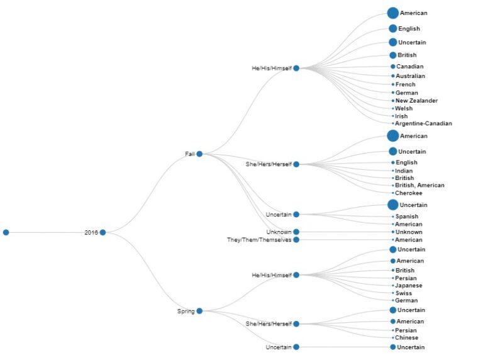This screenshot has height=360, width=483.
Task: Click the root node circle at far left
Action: [6, 232]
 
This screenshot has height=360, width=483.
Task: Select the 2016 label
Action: [91, 232]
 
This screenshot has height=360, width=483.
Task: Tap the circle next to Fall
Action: [199, 154]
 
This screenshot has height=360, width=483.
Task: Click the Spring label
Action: [186, 311]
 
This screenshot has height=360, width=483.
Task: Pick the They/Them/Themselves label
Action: [259, 240]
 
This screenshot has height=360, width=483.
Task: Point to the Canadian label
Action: [409, 67]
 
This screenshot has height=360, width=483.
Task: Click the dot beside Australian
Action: [393, 76]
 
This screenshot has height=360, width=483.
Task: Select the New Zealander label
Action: [416, 101]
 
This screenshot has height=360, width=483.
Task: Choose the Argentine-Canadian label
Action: [423, 123]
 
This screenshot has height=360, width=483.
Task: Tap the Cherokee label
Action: [408, 193]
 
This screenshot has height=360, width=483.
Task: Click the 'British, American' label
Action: [419, 186]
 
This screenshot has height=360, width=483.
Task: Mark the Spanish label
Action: [407, 217]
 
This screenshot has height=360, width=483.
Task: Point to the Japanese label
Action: [409, 286]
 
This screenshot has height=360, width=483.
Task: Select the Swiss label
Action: [404, 293]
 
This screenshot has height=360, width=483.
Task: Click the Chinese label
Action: [406, 338]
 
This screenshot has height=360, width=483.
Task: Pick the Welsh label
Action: [404, 108]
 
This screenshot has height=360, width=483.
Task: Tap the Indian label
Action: [404, 171]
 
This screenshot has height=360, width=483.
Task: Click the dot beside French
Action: [393, 84]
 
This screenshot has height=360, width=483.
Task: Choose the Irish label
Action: [401, 116]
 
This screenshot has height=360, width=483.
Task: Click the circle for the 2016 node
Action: [103, 232]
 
